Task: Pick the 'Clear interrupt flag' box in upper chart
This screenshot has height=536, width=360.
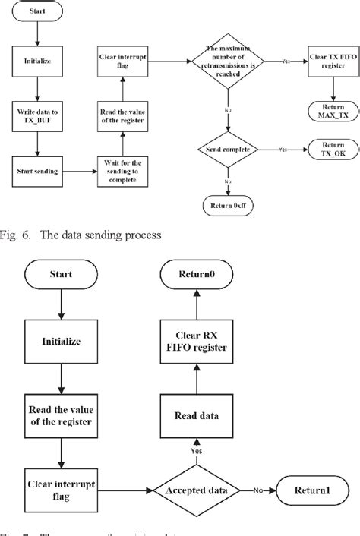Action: (x=118, y=61)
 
